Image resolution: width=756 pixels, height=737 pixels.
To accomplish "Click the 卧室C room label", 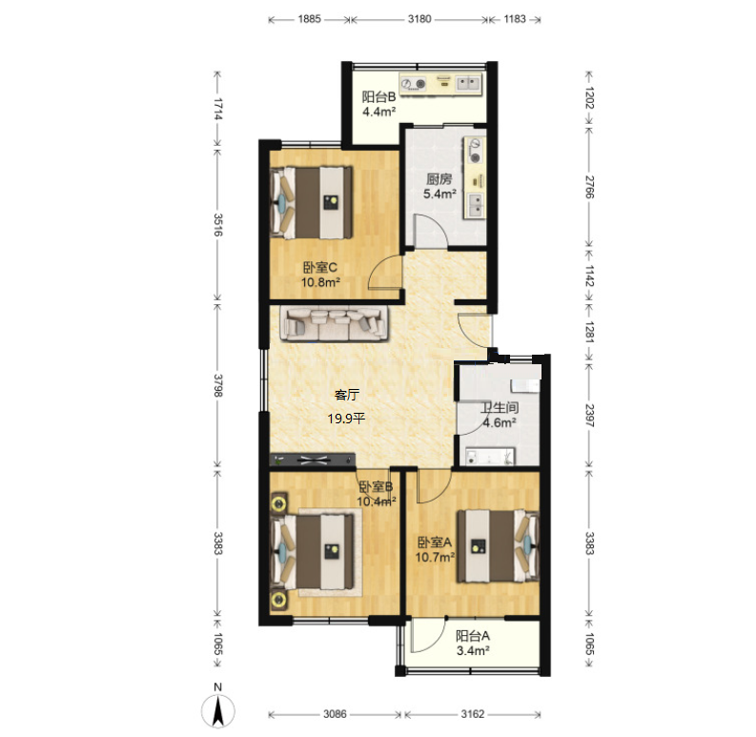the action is coord(319,267).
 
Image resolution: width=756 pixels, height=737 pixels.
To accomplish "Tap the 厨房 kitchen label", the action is coord(439,179).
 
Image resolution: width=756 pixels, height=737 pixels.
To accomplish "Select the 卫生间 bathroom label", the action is coord(500,408).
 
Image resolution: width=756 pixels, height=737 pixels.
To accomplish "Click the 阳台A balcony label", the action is coord(473,636).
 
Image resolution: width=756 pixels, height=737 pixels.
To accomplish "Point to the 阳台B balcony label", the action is coord(379,97).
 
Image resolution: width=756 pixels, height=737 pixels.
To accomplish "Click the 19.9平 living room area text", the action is coord(346,419).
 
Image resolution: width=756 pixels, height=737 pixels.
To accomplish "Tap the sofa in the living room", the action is coord(335,324).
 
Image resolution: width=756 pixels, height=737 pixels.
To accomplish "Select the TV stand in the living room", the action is coord(313,460).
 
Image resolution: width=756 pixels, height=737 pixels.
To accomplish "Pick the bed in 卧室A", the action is coord(498,546).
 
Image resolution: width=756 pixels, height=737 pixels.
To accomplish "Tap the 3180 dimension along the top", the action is coord(419,19).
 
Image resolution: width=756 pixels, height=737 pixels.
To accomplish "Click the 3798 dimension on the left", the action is coord(218,385).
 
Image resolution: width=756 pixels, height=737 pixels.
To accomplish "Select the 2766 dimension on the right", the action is coord(590,187).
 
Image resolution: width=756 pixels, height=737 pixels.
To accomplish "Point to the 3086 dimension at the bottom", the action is coord(335,714).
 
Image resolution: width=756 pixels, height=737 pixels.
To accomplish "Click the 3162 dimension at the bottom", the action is coord(473,714).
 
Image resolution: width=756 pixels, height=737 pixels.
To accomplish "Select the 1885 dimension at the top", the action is coord(309,19).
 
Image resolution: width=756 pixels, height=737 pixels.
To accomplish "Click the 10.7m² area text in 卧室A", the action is coord(436,558).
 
